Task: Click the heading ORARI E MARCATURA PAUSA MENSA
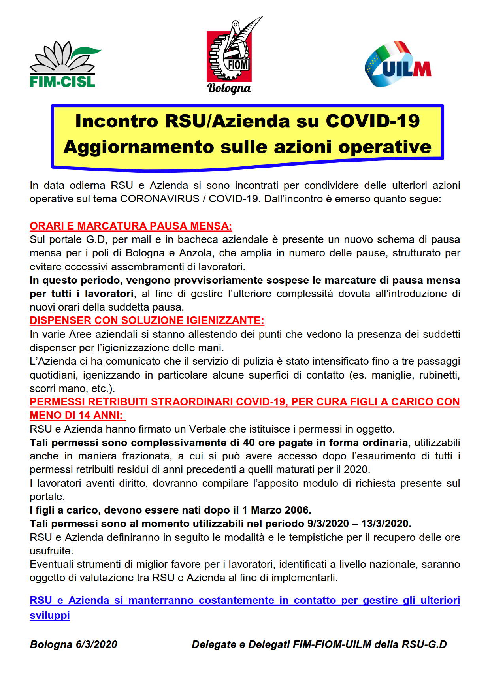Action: click(x=131, y=226)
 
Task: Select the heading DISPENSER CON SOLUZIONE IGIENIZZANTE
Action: click(x=147, y=320)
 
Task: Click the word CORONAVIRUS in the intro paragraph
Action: click(x=160, y=199)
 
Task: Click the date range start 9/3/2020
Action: click(x=327, y=524)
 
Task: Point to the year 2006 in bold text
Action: click(x=298, y=510)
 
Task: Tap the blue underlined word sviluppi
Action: click(x=50, y=616)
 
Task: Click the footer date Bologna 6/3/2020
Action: click(x=73, y=644)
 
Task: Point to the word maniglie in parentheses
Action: click(x=389, y=375)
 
